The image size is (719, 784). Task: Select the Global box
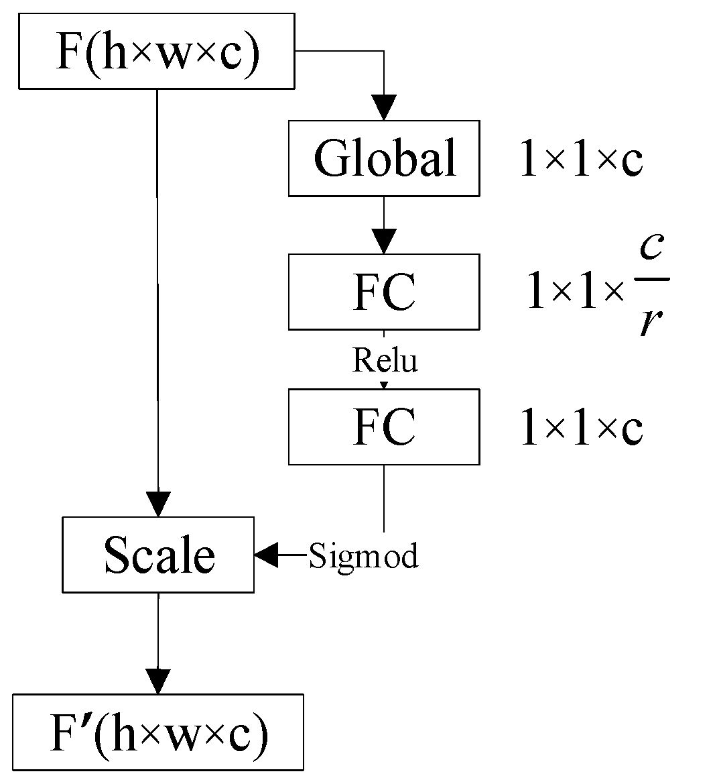point(384,158)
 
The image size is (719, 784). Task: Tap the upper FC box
point(384,292)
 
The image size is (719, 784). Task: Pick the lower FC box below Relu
point(384,427)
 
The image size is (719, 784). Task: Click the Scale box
point(158,555)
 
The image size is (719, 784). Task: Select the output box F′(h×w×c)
point(158,732)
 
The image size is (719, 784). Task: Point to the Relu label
point(385,360)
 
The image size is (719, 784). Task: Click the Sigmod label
point(363,556)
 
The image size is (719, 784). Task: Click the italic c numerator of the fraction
point(651,247)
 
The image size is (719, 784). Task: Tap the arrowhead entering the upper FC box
point(384,241)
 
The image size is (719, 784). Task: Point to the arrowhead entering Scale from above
point(158,504)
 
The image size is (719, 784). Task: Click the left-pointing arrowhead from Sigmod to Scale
point(266,555)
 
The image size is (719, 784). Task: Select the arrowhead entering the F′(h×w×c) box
point(158,681)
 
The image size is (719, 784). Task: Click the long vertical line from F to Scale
point(157,302)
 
